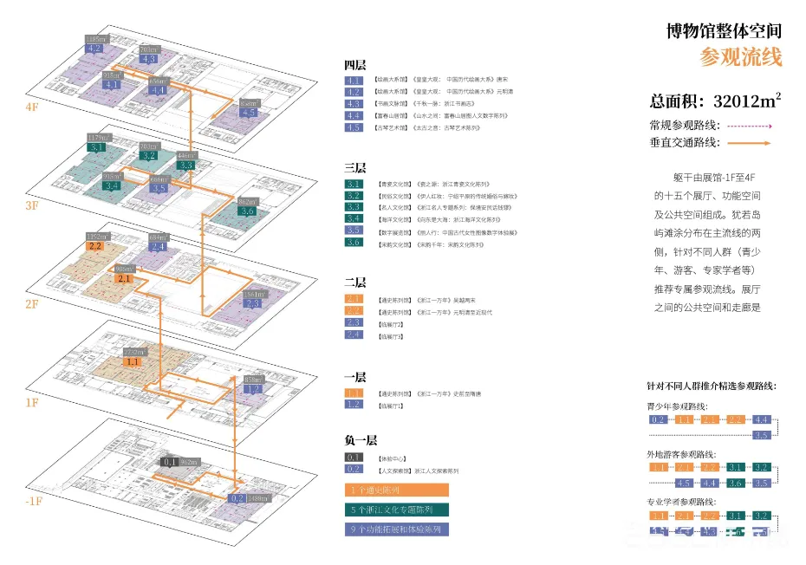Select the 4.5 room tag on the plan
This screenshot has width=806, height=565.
pos(249,113)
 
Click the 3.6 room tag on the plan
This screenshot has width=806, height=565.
pos(247,211)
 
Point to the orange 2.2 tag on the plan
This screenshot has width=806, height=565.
pos(95,246)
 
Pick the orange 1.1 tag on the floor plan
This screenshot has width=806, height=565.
pos(133,362)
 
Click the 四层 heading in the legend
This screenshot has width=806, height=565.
pos(354,65)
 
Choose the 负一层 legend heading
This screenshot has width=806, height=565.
pos(360,440)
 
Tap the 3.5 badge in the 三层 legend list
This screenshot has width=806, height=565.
pos(354,231)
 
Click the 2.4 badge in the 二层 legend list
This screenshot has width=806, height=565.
pos(354,334)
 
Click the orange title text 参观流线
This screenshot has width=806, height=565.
pos(741,58)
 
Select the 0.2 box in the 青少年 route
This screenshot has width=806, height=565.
pos(659,419)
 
